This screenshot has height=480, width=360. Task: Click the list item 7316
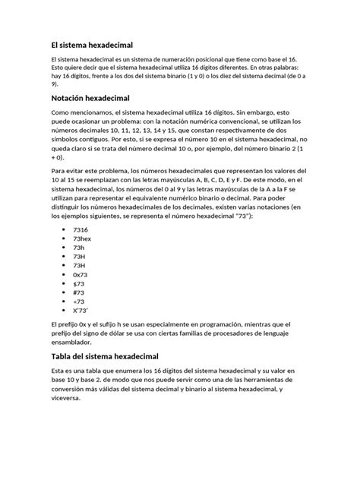click(81, 229)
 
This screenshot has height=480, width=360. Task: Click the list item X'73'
click(81, 311)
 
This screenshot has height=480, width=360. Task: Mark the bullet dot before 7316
click(61, 229)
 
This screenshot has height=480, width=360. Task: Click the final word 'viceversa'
click(70, 400)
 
